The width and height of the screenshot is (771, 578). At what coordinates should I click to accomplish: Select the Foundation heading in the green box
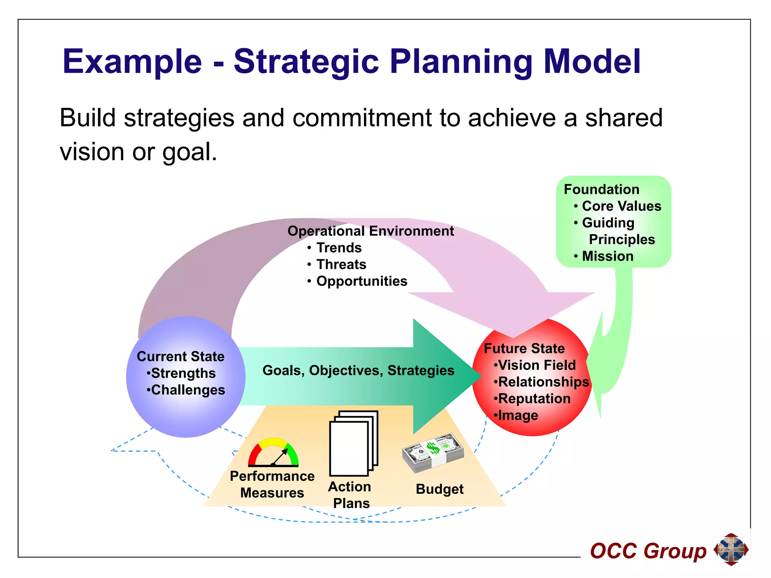[x=601, y=189]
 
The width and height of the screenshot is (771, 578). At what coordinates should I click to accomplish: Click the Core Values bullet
[x=621, y=206]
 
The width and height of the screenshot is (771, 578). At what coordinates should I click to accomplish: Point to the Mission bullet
[x=607, y=256]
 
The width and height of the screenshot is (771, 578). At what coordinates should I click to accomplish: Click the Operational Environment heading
[x=370, y=231]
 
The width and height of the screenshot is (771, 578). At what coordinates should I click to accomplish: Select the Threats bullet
[x=341, y=265]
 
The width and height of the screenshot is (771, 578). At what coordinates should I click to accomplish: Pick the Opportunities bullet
[x=361, y=281]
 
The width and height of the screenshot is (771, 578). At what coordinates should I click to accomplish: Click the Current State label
[x=180, y=356]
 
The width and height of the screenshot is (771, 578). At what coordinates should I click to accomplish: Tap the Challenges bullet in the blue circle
[x=187, y=390]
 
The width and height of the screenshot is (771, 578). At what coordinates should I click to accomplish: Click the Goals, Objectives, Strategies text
[x=358, y=370]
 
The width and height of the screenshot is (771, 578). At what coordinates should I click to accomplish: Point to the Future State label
[x=524, y=348]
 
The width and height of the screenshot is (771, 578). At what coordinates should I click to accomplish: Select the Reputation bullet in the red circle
[x=534, y=399]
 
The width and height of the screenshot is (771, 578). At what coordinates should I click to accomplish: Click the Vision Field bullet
[x=536, y=365]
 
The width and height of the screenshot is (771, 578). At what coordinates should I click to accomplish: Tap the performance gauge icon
[x=273, y=452]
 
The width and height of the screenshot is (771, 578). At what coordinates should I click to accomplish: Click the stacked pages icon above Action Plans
[x=353, y=443]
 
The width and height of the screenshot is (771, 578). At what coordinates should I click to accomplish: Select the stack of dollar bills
[x=433, y=452]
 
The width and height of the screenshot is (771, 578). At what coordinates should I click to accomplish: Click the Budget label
[x=439, y=489]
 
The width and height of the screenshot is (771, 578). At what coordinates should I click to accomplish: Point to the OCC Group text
[x=648, y=551]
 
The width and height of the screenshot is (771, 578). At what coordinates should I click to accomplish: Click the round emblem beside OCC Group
[x=731, y=549]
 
